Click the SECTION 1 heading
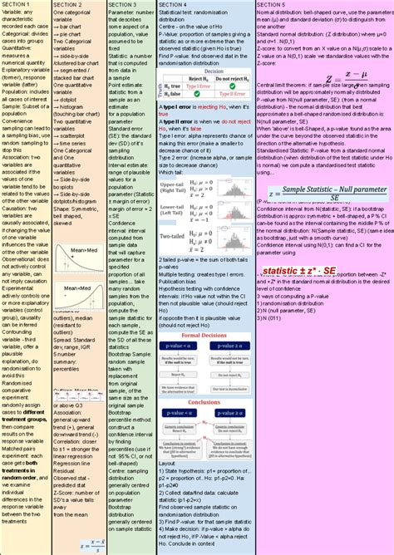click(x=17, y=5)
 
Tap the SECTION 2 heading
click(x=67, y=5)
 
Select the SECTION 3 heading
click(x=122, y=5)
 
